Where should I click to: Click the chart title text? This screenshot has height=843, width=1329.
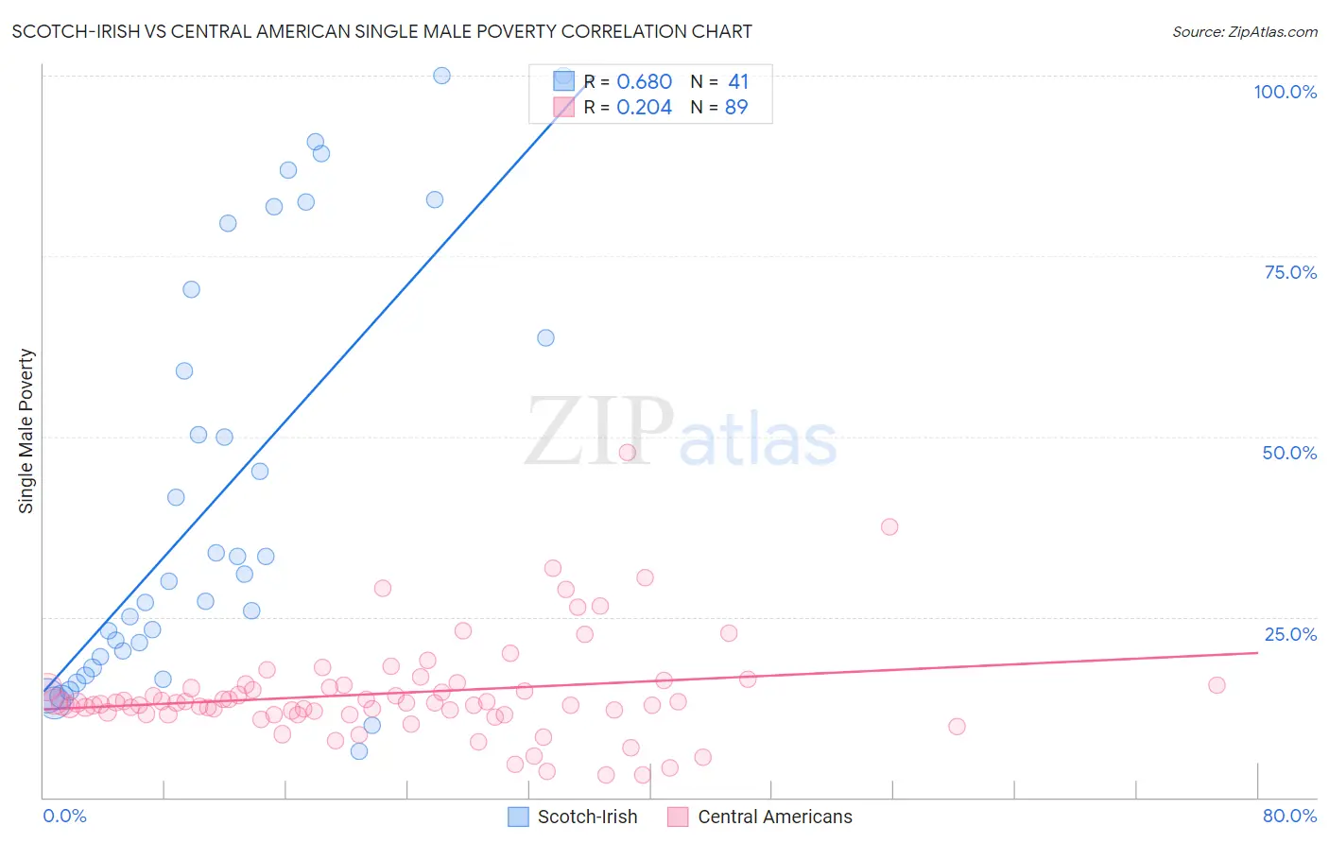tap(382, 31)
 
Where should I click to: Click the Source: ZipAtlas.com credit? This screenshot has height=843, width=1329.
tap(1244, 31)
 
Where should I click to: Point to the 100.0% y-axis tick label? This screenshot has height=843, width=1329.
tap(1285, 92)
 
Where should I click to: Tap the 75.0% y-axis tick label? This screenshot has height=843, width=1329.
tap(1290, 272)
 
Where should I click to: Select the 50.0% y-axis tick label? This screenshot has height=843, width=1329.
tap(1289, 453)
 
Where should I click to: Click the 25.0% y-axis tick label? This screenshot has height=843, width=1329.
tap(1290, 634)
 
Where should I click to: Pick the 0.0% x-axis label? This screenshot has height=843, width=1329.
tap(64, 816)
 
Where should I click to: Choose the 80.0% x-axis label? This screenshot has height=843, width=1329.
tap(1289, 816)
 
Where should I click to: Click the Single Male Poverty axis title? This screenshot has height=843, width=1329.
tap(26, 431)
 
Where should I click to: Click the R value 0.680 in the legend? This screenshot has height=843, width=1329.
tap(644, 82)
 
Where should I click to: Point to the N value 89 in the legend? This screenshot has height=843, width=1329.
tap(736, 108)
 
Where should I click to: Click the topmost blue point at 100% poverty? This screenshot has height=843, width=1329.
tap(441, 76)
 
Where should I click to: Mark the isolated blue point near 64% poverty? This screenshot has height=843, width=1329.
tap(545, 337)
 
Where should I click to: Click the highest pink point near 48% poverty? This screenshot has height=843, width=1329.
tap(627, 453)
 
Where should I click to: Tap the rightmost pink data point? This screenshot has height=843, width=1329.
tap(1217, 685)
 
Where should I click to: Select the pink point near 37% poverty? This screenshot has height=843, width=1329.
tap(889, 526)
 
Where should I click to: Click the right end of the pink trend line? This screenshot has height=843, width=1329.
tap(1257, 652)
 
